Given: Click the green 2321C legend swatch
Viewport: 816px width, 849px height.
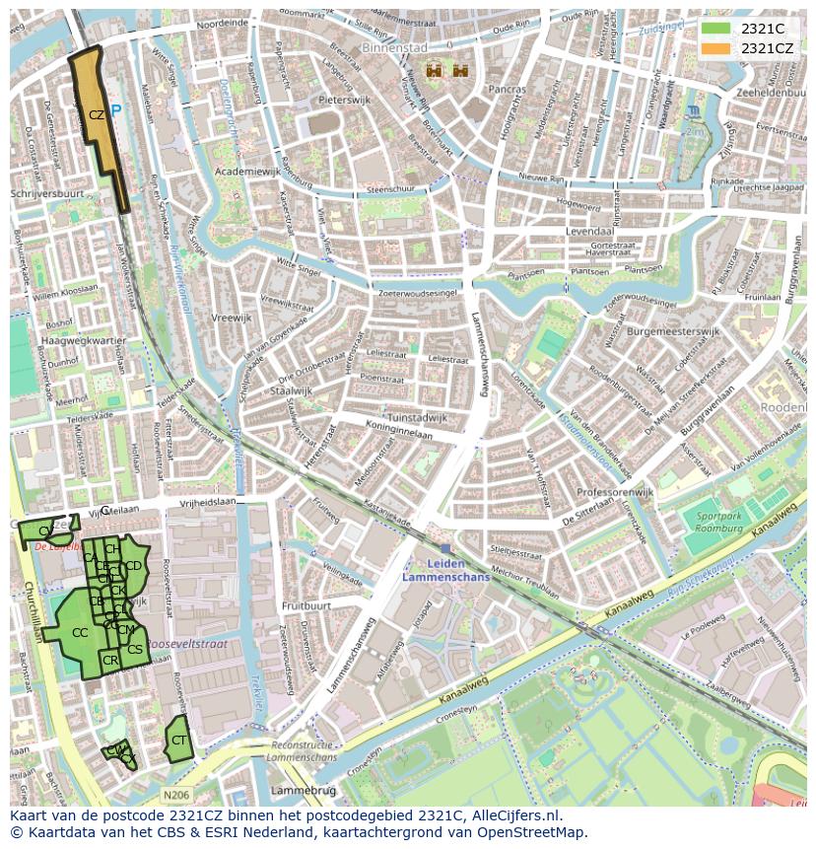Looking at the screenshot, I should coord(715,29).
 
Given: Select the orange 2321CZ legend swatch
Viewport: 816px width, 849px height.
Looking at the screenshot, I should coord(715,48).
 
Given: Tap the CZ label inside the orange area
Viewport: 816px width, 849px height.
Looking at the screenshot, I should coord(96,115).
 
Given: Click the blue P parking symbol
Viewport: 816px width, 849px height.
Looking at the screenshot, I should coord(116,111).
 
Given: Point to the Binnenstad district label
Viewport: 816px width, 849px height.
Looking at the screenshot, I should coord(394,47).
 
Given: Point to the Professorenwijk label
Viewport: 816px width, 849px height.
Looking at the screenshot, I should coord(615,492).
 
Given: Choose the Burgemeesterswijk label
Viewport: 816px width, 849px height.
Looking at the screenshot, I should coord(674,332).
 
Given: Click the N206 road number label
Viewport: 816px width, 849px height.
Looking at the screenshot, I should coord(176,795).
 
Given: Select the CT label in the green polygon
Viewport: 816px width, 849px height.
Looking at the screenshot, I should coord(178,740).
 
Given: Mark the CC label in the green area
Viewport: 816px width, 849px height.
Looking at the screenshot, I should coord(80,632).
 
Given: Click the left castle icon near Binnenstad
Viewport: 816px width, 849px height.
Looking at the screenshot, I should coord(434,70).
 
